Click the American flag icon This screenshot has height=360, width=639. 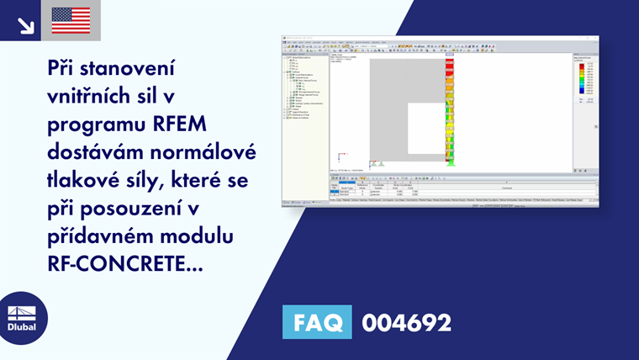click(71, 20)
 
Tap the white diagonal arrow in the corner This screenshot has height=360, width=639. click(25, 25)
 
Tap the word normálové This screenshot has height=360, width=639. click(202, 153)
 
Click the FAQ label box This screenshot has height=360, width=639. click(317, 322)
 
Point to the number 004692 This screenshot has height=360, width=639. click(406, 322)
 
